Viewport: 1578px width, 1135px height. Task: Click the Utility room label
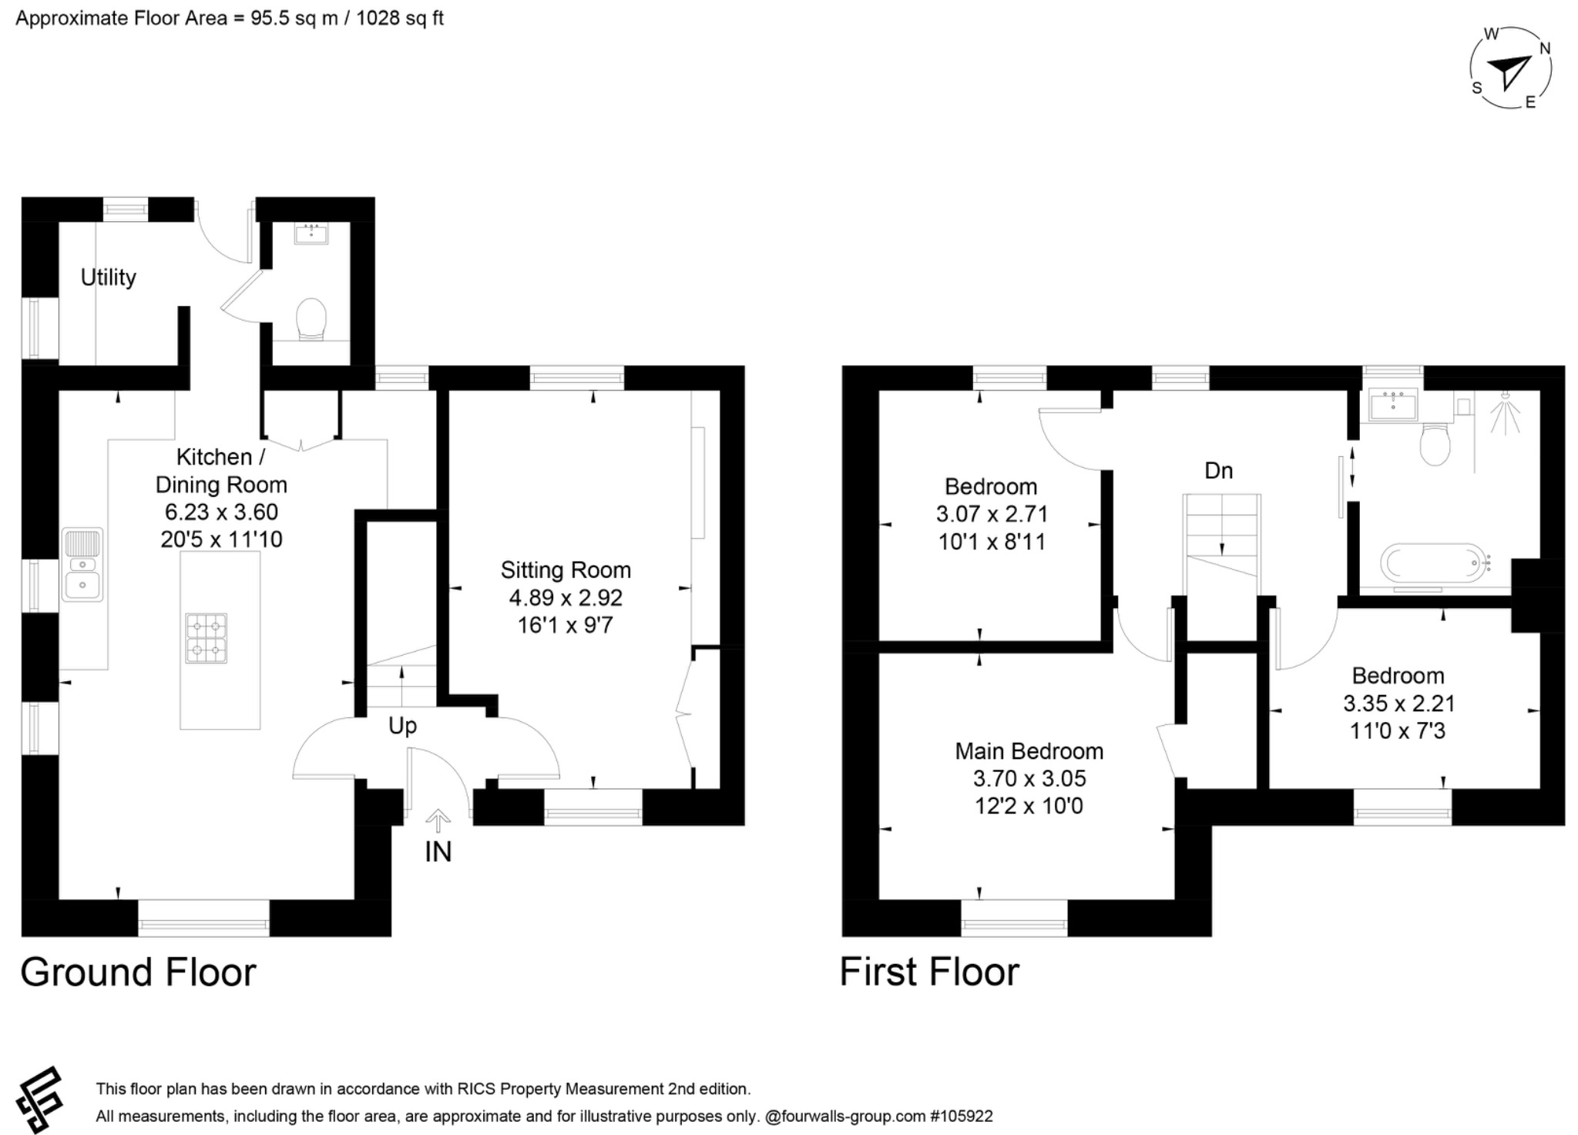click(x=108, y=277)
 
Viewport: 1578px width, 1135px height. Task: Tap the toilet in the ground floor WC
click(x=311, y=319)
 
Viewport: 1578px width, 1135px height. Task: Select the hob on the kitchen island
click(x=206, y=638)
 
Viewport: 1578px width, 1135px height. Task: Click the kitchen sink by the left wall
click(x=82, y=565)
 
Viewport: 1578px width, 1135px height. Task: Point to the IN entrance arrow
click(x=438, y=821)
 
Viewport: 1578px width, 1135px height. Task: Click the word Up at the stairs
click(x=402, y=726)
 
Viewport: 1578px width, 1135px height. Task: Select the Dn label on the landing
click(x=1218, y=471)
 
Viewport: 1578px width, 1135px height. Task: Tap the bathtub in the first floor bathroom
click(x=1432, y=564)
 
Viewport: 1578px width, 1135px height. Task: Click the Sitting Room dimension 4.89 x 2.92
click(x=566, y=598)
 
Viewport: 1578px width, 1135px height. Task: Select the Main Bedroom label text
click(x=1029, y=751)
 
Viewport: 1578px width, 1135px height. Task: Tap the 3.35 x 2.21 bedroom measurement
click(x=1398, y=703)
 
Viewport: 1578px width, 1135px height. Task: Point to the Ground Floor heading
click(x=138, y=972)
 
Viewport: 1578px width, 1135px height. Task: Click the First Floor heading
click(x=929, y=972)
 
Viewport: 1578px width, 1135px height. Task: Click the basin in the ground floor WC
click(x=311, y=233)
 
